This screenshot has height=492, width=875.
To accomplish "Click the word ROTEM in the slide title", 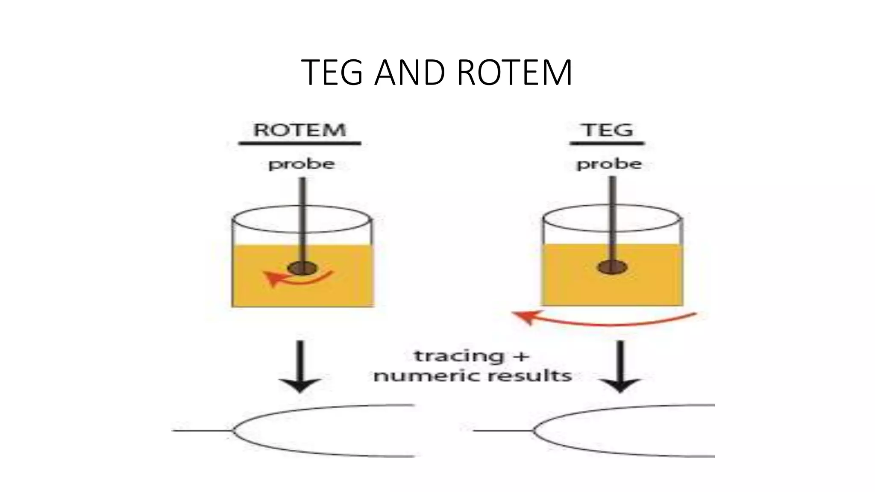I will [514, 73].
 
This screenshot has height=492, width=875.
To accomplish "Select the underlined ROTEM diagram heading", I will [299, 130].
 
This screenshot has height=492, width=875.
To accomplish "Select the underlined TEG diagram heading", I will [608, 130].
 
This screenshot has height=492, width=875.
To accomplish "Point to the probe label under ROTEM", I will [301, 164].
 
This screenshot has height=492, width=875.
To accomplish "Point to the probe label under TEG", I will [609, 164].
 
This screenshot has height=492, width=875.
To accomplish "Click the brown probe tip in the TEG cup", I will [612, 268].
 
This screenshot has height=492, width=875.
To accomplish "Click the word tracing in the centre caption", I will [452, 356].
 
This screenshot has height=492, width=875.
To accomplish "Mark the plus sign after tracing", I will [520, 355].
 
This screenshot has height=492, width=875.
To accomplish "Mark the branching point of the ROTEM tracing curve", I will [233, 430].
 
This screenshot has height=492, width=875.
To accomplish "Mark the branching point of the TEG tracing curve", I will [534, 430].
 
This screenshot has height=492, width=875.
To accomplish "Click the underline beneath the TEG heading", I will [607, 143].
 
